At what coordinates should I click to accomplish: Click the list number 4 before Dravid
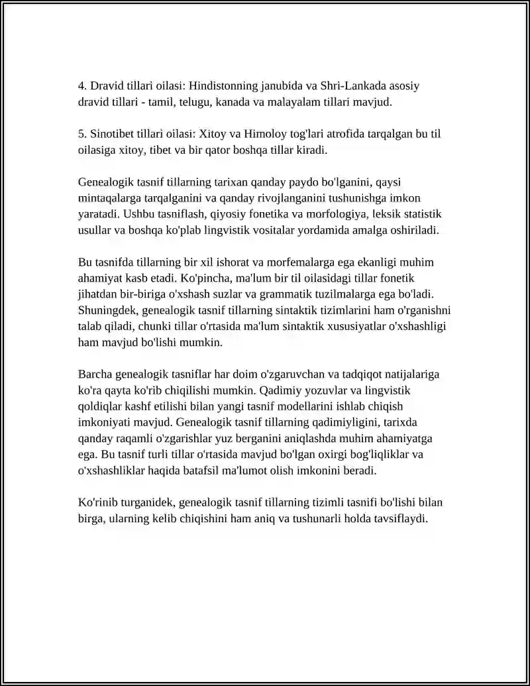click(81, 86)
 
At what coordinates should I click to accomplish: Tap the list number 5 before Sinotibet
click(81, 134)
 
